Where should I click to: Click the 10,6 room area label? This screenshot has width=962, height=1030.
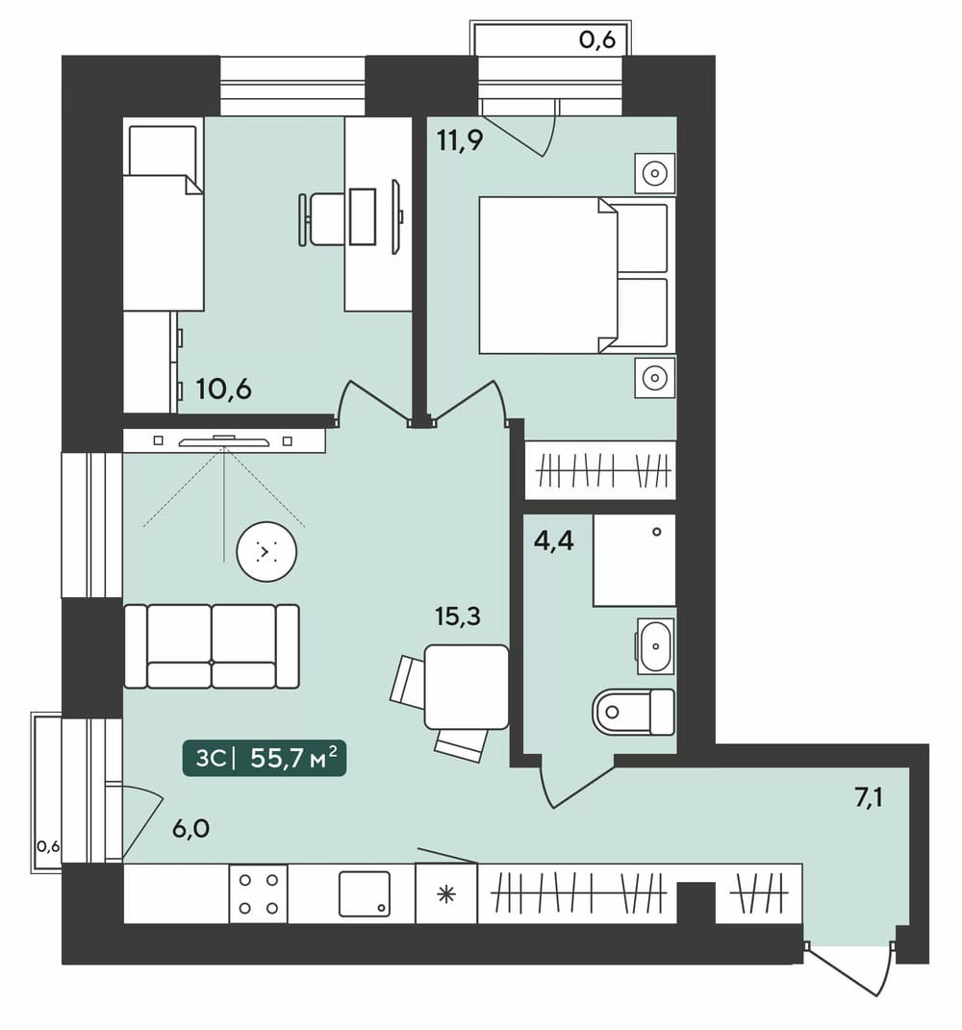[223, 389]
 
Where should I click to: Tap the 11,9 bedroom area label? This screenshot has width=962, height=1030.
[460, 139]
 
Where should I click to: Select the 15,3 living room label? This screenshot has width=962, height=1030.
[457, 616]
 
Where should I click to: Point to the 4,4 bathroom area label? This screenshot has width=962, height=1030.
[553, 540]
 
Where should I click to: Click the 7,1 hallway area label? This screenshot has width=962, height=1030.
[868, 797]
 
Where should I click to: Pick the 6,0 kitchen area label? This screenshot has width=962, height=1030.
[191, 828]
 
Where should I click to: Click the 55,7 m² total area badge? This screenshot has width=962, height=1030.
[265, 759]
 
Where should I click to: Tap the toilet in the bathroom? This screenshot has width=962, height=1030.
[633, 712]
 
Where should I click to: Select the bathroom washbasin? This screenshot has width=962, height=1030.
[655, 645]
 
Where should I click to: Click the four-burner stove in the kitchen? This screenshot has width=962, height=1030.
[258, 893]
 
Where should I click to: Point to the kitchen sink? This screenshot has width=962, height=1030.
[364, 893]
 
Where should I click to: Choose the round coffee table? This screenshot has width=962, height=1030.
[266, 552]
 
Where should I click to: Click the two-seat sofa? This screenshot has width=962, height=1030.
[212, 646]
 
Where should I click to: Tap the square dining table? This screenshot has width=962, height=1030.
[467, 687]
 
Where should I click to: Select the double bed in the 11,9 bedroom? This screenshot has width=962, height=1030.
[573, 275]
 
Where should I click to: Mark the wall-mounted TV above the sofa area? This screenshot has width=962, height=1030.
[224, 440]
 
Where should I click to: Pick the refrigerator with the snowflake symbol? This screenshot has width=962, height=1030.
[446, 893]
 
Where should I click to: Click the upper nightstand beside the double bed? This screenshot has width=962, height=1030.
[655, 173]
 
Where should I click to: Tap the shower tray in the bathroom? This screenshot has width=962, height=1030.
[634, 560]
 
